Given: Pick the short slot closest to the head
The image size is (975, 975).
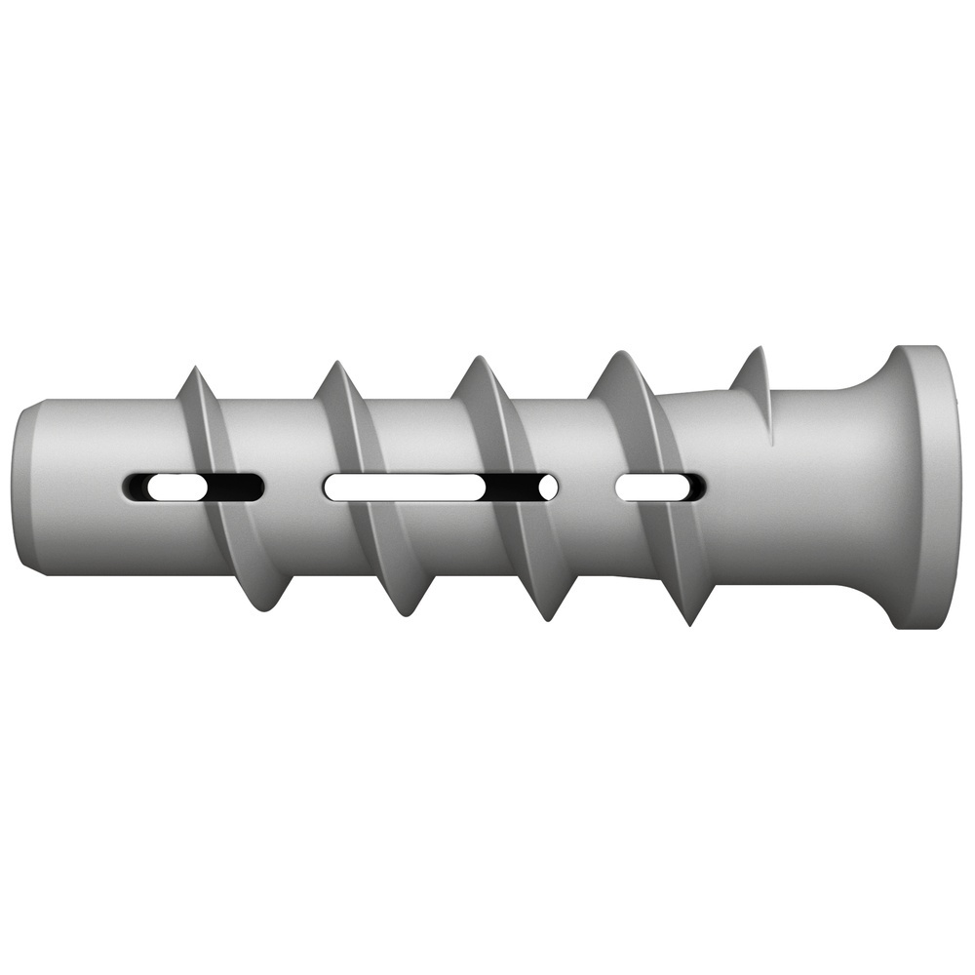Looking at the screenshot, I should (x=660, y=486).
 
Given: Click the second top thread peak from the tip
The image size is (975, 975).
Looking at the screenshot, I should (x=331, y=366).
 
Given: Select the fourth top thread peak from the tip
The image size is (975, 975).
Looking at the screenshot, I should (x=617, y=356).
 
